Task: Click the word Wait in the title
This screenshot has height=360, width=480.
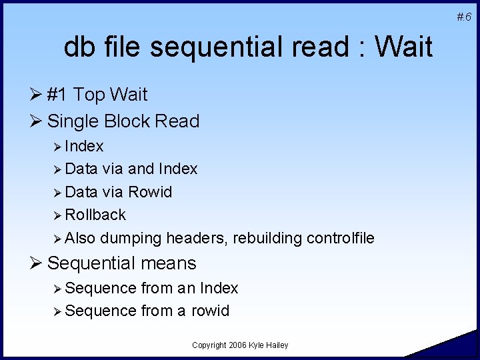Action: [x=404, y=47]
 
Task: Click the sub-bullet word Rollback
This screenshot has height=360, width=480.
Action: [x=95, y=215]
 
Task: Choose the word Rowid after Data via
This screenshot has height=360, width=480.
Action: [x=150, y=192]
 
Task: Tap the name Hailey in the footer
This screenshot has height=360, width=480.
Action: [x=277, y=345]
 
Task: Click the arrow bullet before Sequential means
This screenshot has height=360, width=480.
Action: [x=38, y=263]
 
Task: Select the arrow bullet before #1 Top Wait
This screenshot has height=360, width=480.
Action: [x=38, y=95]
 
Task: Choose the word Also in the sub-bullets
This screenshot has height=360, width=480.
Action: [x=80, y=238]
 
